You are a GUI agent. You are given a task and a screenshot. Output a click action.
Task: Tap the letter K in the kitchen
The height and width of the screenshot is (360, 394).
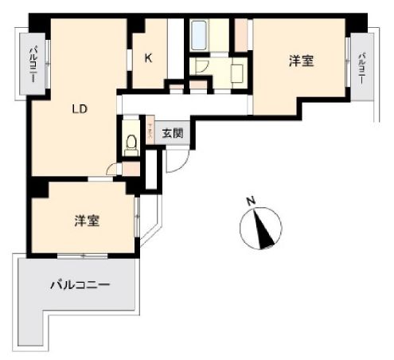pos(148,57)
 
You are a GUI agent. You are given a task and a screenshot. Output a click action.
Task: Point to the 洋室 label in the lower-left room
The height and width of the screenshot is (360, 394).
pos(88,221)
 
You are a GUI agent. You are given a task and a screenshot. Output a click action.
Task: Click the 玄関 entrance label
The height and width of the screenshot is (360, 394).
pos(173,133)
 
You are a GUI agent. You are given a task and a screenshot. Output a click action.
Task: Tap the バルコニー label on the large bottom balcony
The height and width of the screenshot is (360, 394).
pos(80,284)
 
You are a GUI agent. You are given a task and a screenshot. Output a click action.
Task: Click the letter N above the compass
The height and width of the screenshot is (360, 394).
pos(250,202)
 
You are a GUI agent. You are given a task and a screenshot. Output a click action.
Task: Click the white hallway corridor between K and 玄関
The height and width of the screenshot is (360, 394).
pos(183,104)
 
